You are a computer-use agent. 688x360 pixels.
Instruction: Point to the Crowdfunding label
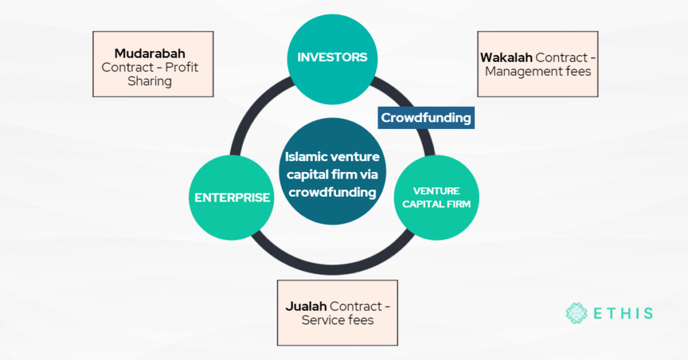[x=426, y=118]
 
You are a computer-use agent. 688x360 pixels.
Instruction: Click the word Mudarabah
[x=149, y=53]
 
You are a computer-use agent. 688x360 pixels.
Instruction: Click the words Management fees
[x=537, y=71]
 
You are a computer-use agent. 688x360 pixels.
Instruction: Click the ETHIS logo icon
[x=576, y=313]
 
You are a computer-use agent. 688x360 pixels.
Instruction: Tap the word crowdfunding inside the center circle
[x=333, y=193]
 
